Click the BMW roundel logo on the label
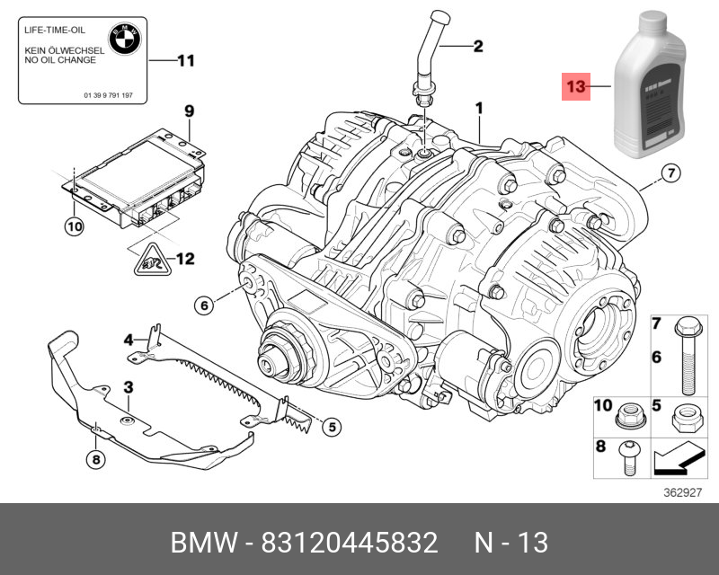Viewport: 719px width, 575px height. pyautogui.click(x=121, y=38)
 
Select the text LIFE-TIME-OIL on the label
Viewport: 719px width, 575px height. pyautogui.click(x=55, y=31)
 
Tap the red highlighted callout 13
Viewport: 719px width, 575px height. pyautogui.click(x=575, y=87)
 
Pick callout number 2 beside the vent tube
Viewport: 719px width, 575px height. pyautogui.click(x=478, y=45)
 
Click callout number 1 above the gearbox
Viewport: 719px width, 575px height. pyautogui.click(x=480, y=108)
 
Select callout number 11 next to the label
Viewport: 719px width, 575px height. pyautogui.click(x=184, y=61)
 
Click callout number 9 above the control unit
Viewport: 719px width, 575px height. pyautogui.click(x=190, y=111)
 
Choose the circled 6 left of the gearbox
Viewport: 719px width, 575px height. pyautogui.click(x=204, y=305)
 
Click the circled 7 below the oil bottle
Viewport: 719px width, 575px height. pyautogui.click(x=670, y=173)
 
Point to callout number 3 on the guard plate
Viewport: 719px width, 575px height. pyautogui.click(x=129, y=386)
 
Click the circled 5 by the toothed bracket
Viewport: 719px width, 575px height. pyautogui.click(x=331, y=427)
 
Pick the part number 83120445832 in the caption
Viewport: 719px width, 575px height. pyautogui.click(x=349, y=543)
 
